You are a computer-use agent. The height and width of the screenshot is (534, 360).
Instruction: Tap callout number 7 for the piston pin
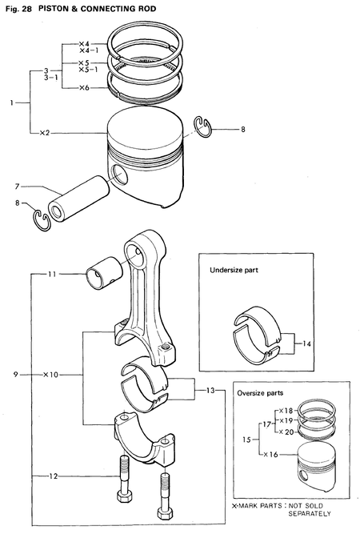pyautogui.click(x=16, y=186)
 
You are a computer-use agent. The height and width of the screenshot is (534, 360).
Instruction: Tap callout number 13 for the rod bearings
pyautogui.click(x=210, y=390)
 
